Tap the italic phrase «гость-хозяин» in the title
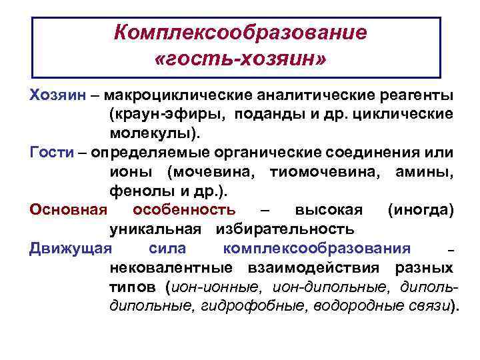(x=240, y=61)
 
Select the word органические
(x=286, y=152)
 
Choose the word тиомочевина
(x=323, y=172)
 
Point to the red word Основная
(x=69, y=210)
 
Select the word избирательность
(x=284, y=229)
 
